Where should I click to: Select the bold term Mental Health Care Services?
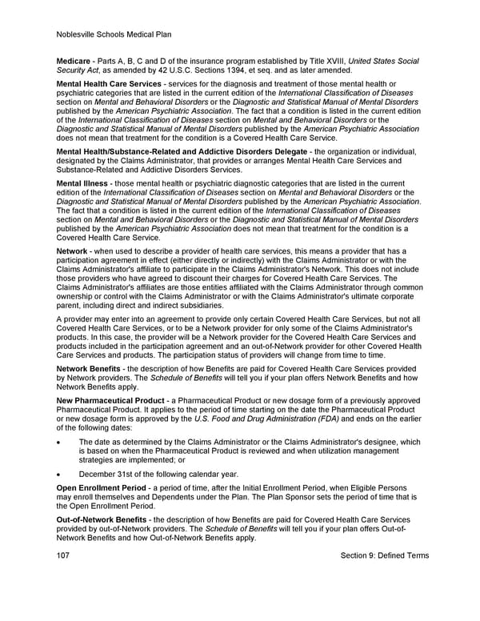(107, 84)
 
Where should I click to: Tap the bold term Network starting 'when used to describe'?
(72, 250)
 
